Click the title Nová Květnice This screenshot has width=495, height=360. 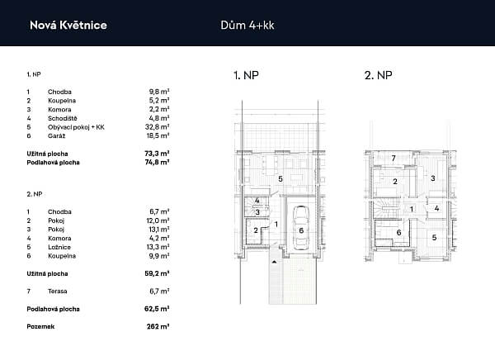point(68,26)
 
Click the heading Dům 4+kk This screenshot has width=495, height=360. point(247,26)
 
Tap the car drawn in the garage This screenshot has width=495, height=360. point(301,228)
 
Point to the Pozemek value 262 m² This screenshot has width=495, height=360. point(158,326)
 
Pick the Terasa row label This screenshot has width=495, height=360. point(58,291)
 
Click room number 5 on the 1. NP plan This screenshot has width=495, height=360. point(280,179)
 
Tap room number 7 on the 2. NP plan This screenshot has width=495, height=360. point(394,158)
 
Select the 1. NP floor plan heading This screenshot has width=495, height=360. point(246,75)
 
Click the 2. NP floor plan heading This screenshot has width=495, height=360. point(378,75)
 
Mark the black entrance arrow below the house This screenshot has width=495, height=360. point(274,262)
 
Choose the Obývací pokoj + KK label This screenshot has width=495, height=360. point(76,127)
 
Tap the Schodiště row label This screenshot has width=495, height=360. point(63,118)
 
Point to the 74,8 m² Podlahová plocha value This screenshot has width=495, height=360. point(157,163)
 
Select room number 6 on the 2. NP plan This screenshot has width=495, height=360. point(398,233)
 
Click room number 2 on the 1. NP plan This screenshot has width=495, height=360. point(256,230)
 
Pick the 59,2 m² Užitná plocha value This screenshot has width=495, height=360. point(157,273)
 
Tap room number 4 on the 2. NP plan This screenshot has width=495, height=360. point(436,208)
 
